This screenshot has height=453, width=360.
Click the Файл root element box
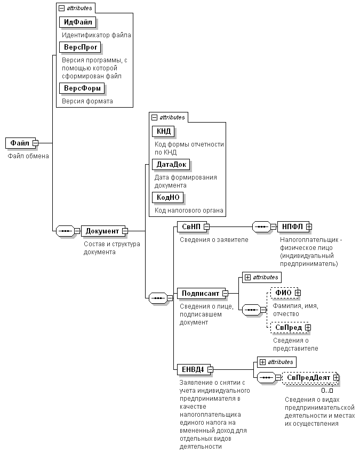(x=20, y=143)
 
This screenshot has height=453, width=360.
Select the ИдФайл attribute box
(x=78, y=22)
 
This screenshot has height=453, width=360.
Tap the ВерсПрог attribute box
(x=80, y=47)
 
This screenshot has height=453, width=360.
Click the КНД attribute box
(x=163, y=132)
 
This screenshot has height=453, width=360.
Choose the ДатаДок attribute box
(x=171, y=165)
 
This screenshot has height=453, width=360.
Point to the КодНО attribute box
(x=167, y=198)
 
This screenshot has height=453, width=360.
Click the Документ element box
(x=103, y=231)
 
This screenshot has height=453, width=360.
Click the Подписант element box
(x=201, y=294)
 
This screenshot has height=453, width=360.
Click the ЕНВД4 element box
(x=194, y=369)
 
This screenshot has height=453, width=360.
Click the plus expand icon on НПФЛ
(x=309, y=227)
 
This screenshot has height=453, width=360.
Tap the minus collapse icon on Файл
(x=36, y=143)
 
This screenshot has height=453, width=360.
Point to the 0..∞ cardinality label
(x=327, y=391)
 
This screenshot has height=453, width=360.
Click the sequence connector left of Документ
(x=65, y=231)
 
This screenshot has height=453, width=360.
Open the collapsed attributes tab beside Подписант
(x=262, y=277)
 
